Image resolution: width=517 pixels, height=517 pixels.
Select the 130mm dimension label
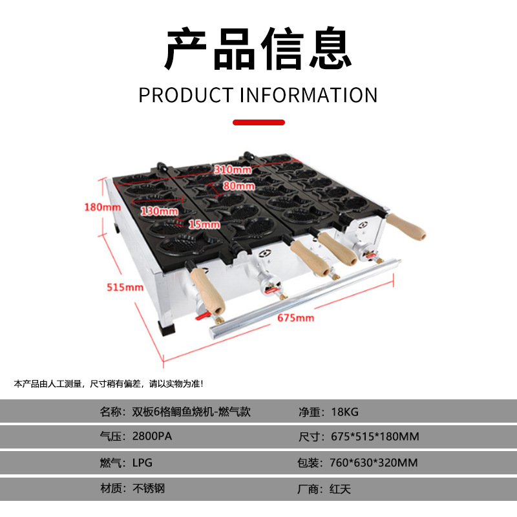[160, 211]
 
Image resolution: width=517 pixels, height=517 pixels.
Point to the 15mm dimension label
[205, 224]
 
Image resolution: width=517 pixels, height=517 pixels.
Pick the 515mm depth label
[125, 287]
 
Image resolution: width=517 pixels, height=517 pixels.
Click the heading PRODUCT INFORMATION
[258, 95]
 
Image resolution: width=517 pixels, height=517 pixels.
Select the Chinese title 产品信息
[258, 50]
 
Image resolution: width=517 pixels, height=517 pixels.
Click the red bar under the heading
[258, 121]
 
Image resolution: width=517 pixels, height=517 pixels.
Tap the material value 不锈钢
[148, 488]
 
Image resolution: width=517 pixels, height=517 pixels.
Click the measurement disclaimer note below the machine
[109, 384]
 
